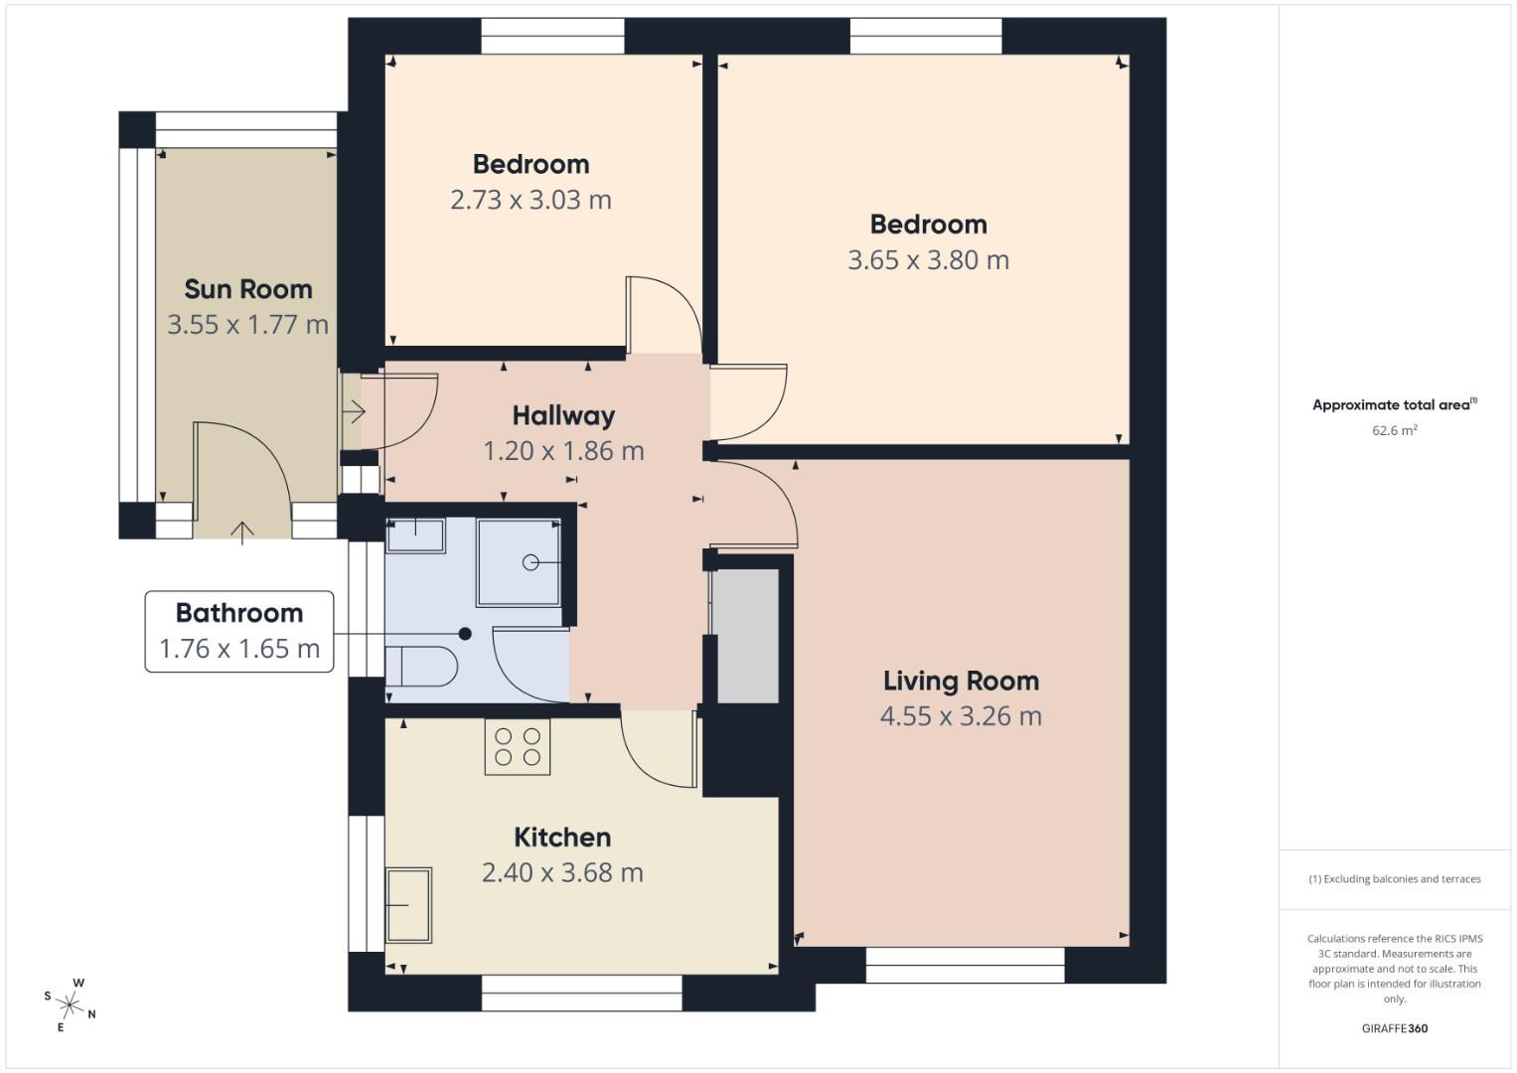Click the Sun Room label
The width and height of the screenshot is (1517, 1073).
248,289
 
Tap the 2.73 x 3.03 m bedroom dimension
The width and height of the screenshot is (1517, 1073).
531,200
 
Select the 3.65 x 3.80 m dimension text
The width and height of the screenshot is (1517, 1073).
928,260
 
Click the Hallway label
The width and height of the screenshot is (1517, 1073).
563,415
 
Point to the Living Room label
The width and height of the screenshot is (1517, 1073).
961,681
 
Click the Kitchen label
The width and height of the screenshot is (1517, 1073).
562,837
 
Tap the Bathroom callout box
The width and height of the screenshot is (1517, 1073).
239,631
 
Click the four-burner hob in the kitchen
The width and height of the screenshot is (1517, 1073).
517,747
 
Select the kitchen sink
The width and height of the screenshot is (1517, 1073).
408,904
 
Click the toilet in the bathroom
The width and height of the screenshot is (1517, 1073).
420,667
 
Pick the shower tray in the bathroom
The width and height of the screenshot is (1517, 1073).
519,562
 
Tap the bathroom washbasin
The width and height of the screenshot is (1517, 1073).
415,536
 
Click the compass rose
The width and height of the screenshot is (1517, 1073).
71,1003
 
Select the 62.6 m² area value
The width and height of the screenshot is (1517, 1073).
1395,430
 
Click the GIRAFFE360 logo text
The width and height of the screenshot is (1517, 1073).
1394,1028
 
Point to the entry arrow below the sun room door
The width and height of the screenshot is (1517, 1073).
242,533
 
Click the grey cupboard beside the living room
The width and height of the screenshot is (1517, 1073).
746,636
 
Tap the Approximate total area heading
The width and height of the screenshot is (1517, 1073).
1394,404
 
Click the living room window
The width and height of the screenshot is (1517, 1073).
965,965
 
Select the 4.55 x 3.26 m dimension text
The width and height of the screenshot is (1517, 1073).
961,716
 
